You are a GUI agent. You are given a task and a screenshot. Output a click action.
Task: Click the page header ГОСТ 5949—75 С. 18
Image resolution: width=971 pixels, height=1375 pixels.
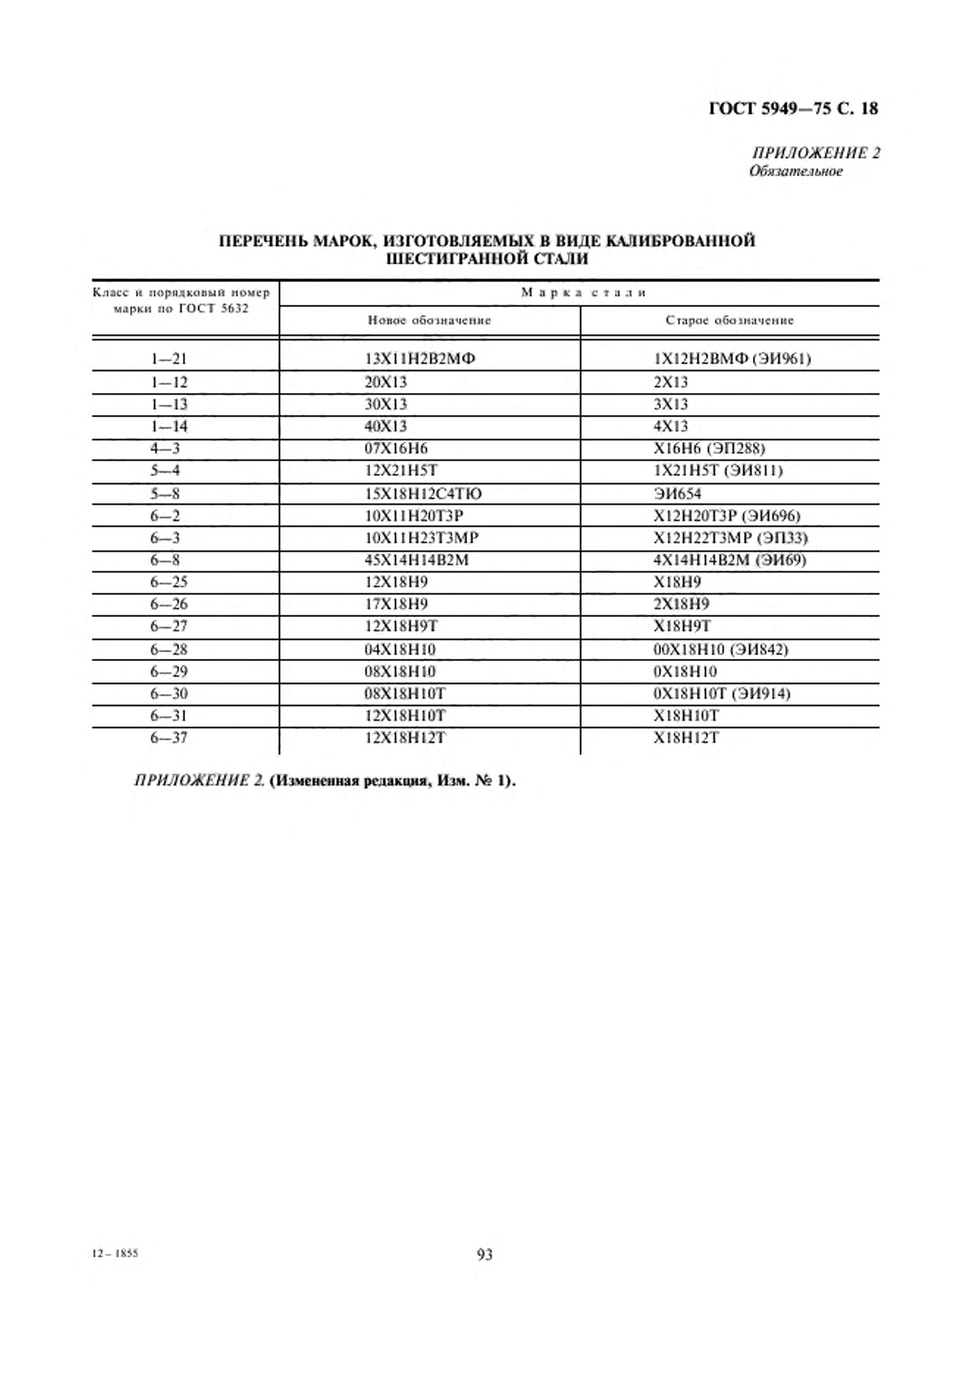coord(793,109)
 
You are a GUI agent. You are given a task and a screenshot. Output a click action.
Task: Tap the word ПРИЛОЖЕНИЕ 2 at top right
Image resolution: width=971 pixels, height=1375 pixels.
coord(815,153)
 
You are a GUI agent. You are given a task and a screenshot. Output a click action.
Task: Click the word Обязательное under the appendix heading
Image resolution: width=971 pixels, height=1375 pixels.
coord(795,171)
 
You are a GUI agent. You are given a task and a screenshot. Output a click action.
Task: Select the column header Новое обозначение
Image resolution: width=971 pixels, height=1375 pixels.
coord(429,320)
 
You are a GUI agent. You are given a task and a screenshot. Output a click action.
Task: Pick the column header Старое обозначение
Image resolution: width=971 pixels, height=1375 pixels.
coord(729,320)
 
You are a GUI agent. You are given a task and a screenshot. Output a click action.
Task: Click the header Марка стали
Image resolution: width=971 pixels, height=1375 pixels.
coord(583,292)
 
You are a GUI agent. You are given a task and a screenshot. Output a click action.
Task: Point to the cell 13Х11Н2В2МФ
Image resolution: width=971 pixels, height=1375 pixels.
coord(419,359)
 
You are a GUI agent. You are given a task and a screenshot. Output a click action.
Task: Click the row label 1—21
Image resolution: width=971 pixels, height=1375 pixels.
coord(169,359)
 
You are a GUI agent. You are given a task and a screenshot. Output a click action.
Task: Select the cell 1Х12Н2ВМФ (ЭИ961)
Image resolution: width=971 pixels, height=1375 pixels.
coord(732,359)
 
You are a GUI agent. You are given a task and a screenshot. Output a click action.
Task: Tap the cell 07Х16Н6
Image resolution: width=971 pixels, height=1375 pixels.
coord(396,448)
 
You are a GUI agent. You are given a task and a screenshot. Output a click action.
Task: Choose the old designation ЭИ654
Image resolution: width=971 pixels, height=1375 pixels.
coord(677,494)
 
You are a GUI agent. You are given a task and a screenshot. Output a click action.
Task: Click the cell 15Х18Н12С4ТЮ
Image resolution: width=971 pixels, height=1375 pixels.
coord(423,494)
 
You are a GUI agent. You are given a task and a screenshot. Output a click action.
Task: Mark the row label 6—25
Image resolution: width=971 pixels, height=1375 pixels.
coord(169,582)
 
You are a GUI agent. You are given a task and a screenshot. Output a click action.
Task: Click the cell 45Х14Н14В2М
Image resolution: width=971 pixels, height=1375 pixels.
coord(416,560)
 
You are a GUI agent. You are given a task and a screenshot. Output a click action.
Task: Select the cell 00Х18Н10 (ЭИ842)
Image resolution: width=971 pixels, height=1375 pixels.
coord(721,649)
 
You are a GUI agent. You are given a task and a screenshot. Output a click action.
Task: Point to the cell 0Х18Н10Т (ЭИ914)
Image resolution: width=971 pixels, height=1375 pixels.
coord(721,693)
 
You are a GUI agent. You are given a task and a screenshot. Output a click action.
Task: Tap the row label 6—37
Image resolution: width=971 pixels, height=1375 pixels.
coord(169,737)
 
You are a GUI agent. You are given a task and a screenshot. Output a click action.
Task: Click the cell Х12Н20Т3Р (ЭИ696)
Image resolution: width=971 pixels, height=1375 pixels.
coord(726,516)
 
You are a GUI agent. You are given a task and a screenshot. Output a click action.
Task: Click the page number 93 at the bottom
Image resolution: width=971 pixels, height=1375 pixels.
coord(485,1255)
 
